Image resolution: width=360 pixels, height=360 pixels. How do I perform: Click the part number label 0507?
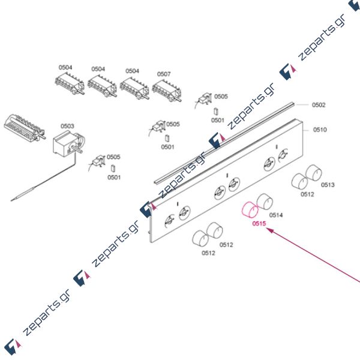click(164, 74)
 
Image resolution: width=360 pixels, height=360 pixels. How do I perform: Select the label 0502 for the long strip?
click(319, 105)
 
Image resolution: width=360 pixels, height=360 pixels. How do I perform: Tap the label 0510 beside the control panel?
click(320, 129)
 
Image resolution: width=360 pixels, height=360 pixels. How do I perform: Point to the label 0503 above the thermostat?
click(67, 126)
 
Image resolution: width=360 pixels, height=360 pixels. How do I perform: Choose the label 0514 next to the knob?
click(276, 214)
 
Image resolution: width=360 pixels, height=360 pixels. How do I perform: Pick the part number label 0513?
click(328, 185)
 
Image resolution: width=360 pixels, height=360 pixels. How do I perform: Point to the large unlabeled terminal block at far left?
click(23, 127)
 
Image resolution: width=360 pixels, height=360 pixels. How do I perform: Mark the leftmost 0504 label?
click(65, 68)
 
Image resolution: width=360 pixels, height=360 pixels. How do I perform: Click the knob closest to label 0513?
click(313, 175)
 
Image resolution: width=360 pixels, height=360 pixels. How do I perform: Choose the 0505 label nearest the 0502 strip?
click(221, 96)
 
